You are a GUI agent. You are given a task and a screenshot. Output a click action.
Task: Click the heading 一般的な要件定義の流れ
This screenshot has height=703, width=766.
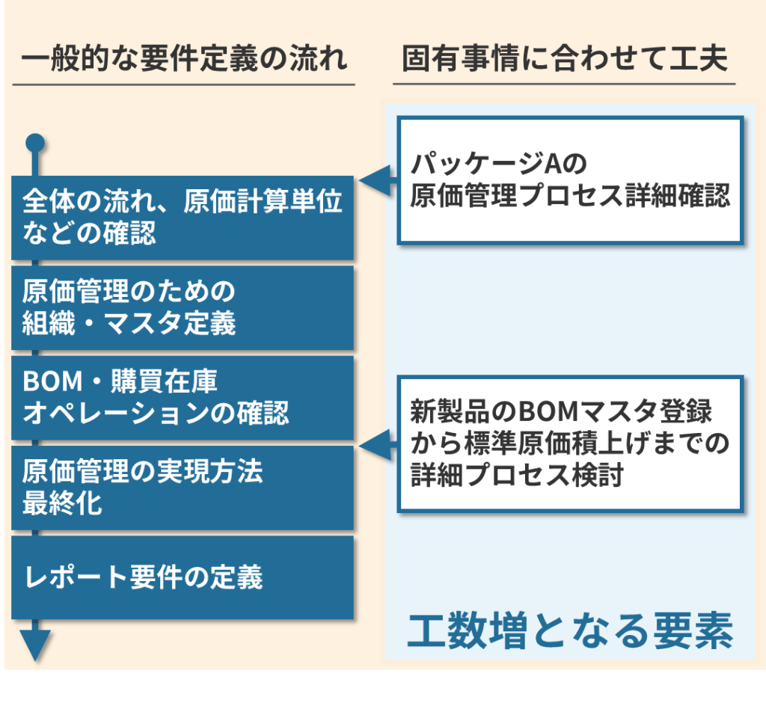coord(184,59)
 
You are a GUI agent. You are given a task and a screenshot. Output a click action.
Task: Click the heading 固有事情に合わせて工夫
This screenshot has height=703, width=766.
coord(564,59)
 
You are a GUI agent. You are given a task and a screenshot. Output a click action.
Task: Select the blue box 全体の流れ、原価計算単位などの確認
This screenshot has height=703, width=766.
coord(183,218)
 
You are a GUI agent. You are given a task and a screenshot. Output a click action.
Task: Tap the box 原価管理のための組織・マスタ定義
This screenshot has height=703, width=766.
coord(183,307)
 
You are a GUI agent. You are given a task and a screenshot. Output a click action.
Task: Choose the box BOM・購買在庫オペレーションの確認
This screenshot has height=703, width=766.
coord(183,397)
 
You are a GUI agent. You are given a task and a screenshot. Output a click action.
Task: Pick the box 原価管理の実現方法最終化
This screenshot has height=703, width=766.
coord(183,487)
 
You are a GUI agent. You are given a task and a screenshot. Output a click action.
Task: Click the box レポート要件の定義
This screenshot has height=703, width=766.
coord(183,577)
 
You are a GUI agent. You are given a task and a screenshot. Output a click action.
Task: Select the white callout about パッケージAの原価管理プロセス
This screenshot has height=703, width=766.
coord(569,180)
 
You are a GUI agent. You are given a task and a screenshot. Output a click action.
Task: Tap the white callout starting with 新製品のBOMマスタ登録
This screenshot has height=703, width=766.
coord(569,443)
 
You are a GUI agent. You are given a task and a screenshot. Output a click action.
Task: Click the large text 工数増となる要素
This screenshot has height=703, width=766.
coord(569,633)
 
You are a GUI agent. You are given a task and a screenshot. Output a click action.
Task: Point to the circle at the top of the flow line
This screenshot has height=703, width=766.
coord(35,142)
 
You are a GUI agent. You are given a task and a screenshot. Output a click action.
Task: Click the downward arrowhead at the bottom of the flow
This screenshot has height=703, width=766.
coord(35,644)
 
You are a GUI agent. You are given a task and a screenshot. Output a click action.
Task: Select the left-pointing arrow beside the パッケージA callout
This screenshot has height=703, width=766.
coord(378,181)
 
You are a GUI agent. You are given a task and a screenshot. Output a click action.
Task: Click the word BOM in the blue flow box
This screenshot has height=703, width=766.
coord(52,382)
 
